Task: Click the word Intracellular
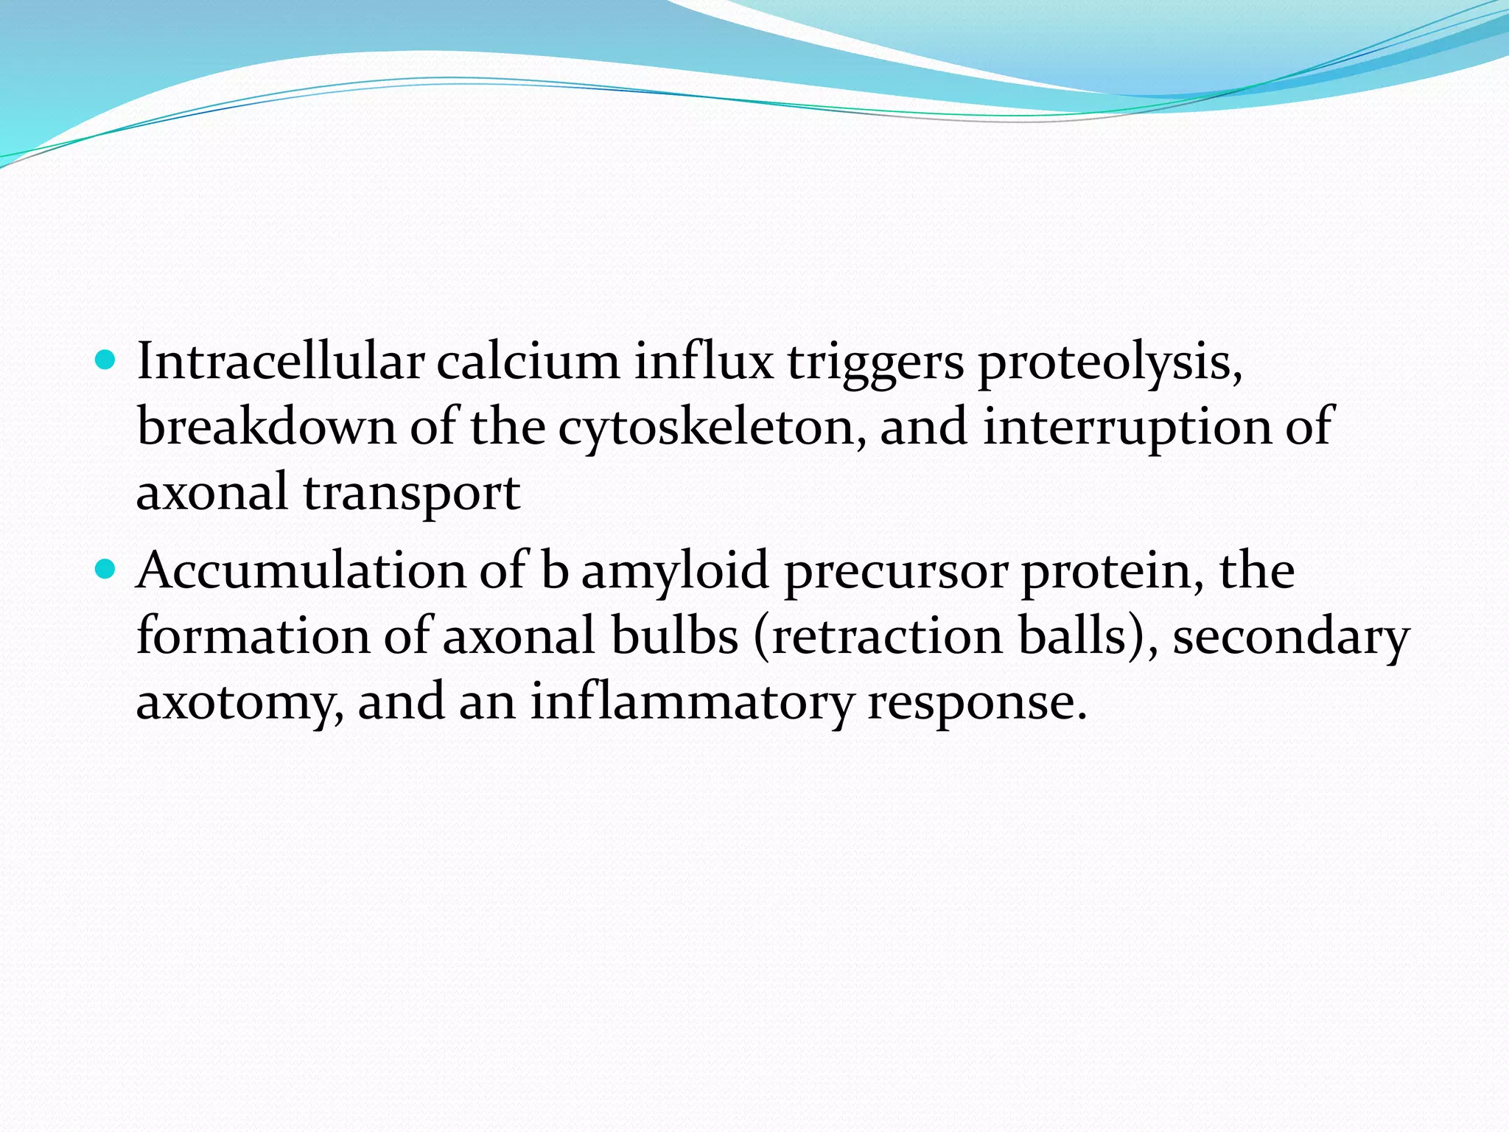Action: pyautogui.click(x=280, y=362)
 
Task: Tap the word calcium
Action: pyautogui.click(x=528, y=362)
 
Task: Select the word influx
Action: pyautogui.click(x=704, y=362)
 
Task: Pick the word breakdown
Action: pyautogui.click(x=266, y=427)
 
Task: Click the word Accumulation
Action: pyautogui.click(x=301, y=571)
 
